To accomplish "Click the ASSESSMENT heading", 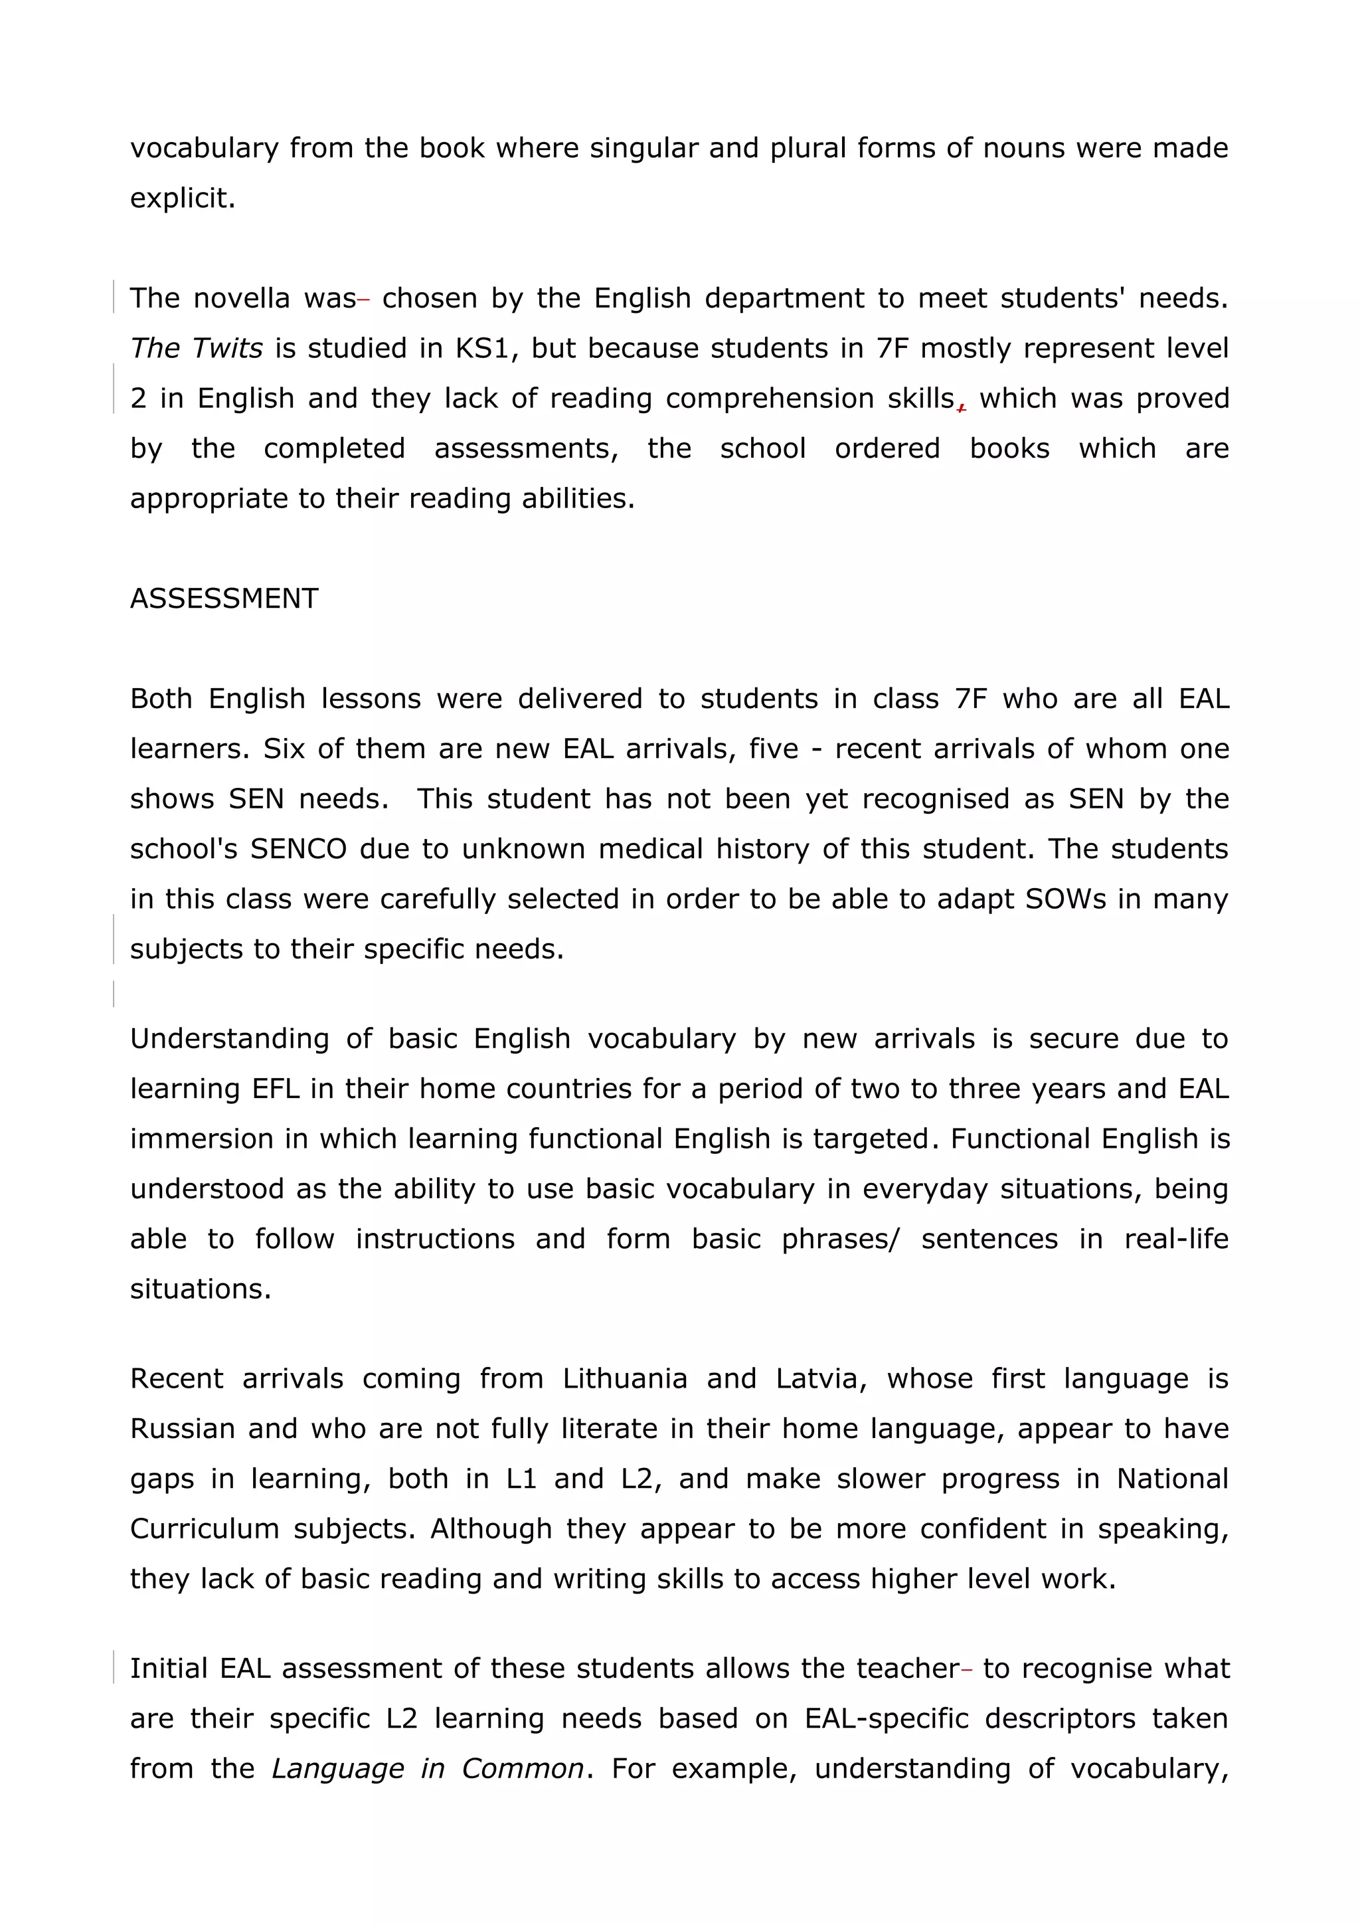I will (x=224, y=598).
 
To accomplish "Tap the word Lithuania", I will (x=624, y=1378).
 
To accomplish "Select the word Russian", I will (x=182, y=1429).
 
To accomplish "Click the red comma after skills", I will (x=962, y=407).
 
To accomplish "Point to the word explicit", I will (x=182, y=199).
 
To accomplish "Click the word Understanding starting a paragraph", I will (x=228, y=1039).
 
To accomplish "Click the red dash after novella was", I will (x=364, y=300).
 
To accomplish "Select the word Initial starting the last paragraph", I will (x=169, y=1669).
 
